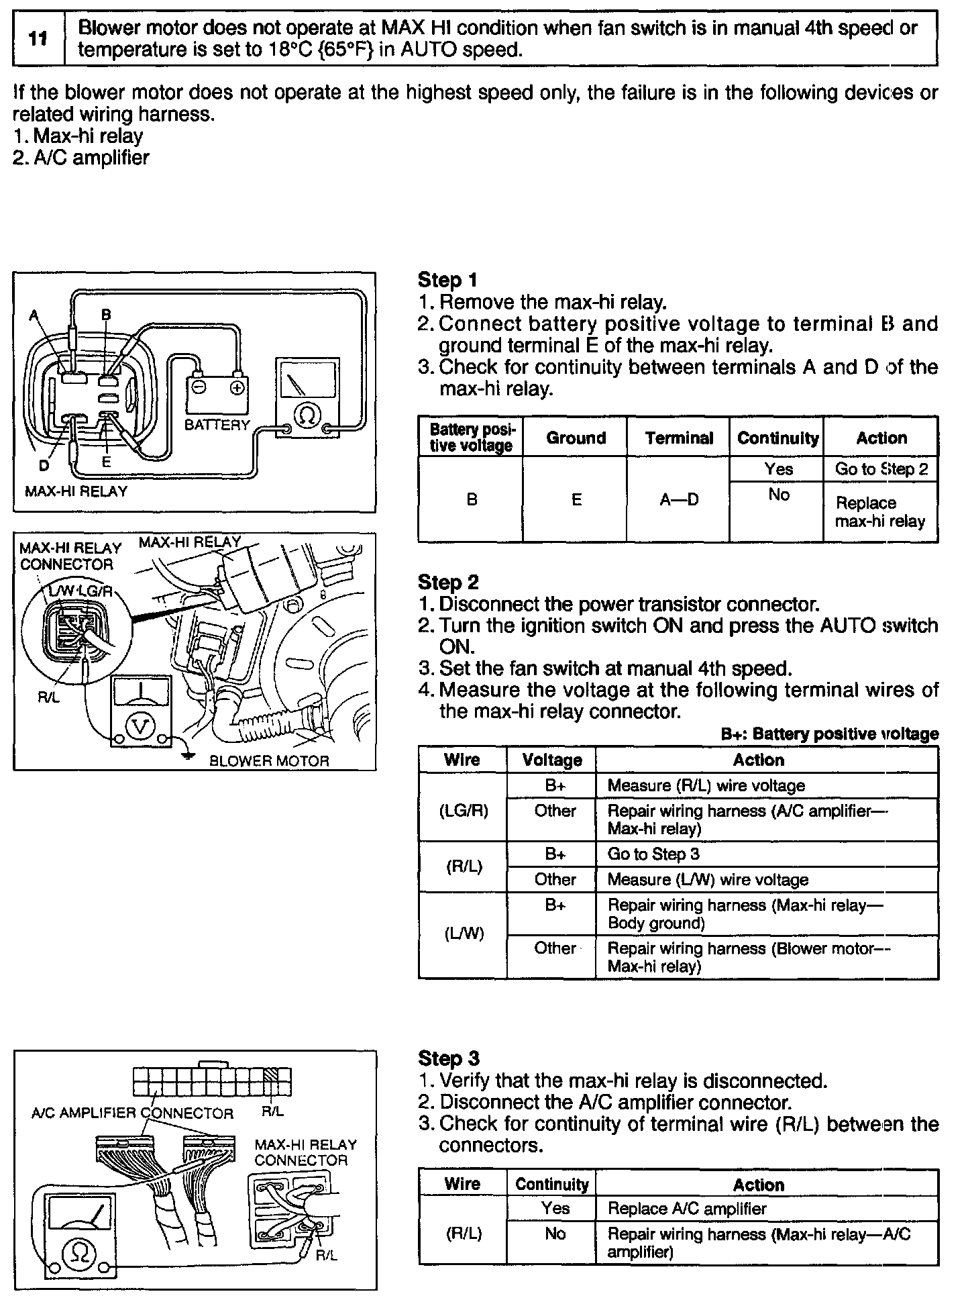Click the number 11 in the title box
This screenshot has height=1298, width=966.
[38, 38]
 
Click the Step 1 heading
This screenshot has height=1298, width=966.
[447, 280]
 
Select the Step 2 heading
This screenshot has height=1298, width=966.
[448, 582]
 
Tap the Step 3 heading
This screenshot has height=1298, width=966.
[448, 1058]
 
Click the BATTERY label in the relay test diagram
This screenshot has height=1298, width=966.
[217, 425]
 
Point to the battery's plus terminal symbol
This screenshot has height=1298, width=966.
[237, 388]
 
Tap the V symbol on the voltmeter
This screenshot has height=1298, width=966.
[140, 726]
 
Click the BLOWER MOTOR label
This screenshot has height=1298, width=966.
[270, 761]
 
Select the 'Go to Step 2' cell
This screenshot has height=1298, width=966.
[881, 469]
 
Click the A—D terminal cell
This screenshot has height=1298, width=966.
[679, 500]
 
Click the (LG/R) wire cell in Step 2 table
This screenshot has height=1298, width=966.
[463, 811]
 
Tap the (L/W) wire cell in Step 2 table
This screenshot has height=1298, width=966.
[463, 934]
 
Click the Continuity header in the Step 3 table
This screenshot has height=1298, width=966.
[551, 1185]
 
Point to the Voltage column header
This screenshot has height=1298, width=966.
[552, 760]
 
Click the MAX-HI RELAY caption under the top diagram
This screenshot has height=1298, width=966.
[76, 491]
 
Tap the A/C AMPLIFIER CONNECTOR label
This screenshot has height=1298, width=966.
[132, 1113]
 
